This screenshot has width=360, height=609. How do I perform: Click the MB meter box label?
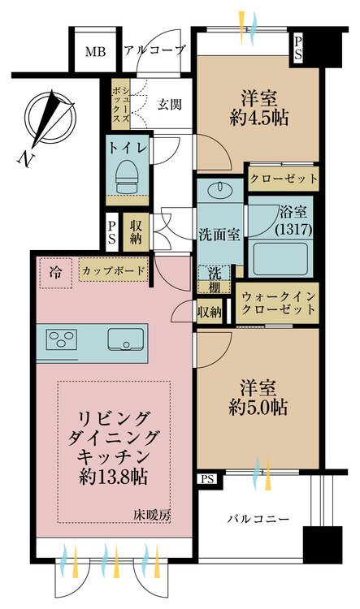(x=95, y=52)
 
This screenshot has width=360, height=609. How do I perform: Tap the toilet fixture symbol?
(x=127, y=177)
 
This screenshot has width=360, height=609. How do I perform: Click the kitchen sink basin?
(x=125, y=339)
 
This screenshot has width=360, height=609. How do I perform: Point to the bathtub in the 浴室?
(x=279, y=257)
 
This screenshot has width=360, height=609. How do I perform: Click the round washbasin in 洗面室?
(x=219, y=190)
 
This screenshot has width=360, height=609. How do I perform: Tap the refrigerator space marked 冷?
(x=55, y=273)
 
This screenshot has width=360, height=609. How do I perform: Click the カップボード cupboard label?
(x=114, y=270)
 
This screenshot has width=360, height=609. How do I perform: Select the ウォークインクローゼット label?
(x=278, y=304)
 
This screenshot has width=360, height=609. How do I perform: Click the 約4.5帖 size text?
(x=259, y=119)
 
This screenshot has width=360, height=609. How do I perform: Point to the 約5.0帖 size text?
(x=258, y=408)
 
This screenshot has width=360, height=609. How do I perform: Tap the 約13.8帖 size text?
(x=114, y=477)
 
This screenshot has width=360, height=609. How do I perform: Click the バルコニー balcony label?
(x=258, y=519)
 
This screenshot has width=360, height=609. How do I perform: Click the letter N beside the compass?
(x=26, y=159)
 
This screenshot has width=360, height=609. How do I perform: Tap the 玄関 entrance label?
(x=169, y=104)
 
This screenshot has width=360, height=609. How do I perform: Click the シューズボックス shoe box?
(x=120, y=103)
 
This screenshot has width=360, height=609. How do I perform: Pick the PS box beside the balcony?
(x=207, y=479)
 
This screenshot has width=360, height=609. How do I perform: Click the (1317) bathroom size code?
(x=293, y=230)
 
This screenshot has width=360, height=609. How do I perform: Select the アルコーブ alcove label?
(x=154, y=50)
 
